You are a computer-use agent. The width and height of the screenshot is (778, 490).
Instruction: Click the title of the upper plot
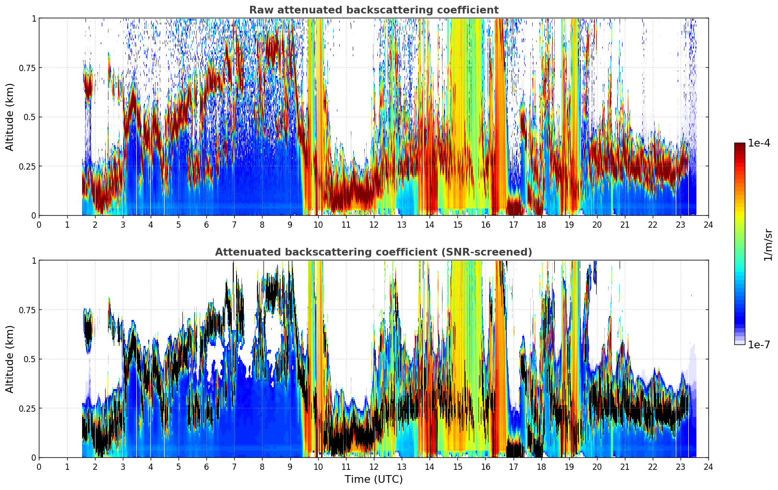click(374, 10)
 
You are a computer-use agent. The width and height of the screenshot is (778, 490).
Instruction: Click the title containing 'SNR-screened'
click(374, 252)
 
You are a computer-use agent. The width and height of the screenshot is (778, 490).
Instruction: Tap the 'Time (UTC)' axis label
click(374, 479)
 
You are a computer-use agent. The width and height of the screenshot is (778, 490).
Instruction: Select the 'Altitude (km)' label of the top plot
click(10, 117)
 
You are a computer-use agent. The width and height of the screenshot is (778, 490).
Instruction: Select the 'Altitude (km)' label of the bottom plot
click(10, 359)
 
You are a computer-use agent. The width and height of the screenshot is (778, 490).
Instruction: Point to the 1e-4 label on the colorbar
click(759, 143)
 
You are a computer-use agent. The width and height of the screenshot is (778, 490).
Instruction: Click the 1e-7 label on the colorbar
click(759, 345)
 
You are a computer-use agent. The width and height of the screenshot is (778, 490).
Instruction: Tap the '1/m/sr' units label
click(768, 245)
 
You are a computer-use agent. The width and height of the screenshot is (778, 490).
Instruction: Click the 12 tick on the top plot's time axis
click(374, 224)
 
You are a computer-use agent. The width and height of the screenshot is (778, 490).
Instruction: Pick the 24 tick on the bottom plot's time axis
click(708, 467)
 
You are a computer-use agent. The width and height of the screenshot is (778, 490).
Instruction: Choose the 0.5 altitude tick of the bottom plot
click(29, 359)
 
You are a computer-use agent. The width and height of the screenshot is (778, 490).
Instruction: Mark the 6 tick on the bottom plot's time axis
click(206, 467)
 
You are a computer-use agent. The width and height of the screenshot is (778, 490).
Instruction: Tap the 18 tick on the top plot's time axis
click(541, 224)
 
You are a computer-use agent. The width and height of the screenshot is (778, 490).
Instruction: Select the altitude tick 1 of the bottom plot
click(34, 261)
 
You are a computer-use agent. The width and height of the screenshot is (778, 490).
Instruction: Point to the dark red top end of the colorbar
click(740, 145)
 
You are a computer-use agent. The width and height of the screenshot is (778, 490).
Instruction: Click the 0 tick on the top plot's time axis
click(39, 224)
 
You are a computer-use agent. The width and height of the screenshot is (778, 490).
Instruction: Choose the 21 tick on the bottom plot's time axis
click(625, 467)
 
